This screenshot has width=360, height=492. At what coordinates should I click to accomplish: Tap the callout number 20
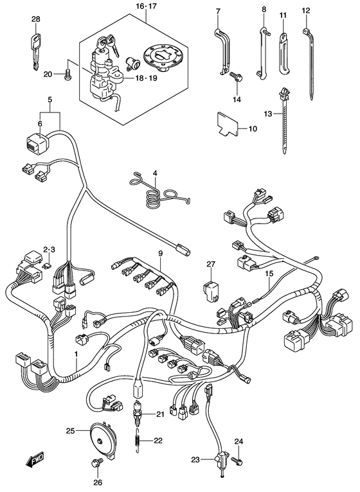47,75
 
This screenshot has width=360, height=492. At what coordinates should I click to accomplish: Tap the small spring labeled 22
137,440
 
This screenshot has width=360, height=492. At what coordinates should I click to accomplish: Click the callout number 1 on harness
75,355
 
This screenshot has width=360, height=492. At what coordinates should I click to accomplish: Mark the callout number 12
306,10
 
